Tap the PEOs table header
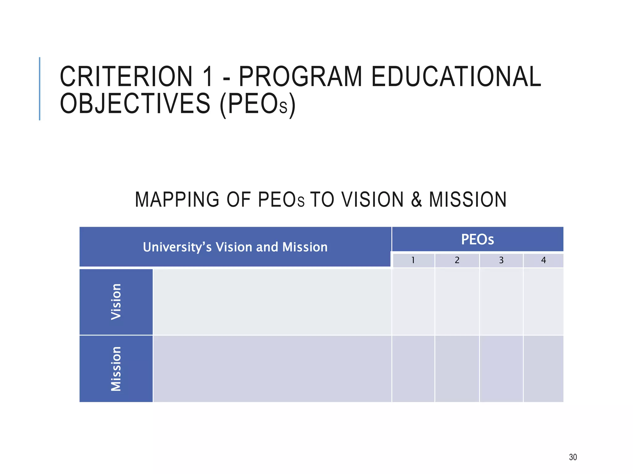[478, 239]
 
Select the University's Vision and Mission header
[235, 247]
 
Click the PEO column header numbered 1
[413, 260]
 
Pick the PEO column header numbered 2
[457, 260]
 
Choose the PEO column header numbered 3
[501, 260]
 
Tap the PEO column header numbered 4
[543, 260]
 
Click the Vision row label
[116, 302]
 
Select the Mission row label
[116, 369]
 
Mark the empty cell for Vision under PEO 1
[413, 302]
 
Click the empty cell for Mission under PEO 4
[543, 369]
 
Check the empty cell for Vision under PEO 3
[501, 302]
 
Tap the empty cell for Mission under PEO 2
[457, 369]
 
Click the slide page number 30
[573, 457]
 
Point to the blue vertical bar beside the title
[40, 89]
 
